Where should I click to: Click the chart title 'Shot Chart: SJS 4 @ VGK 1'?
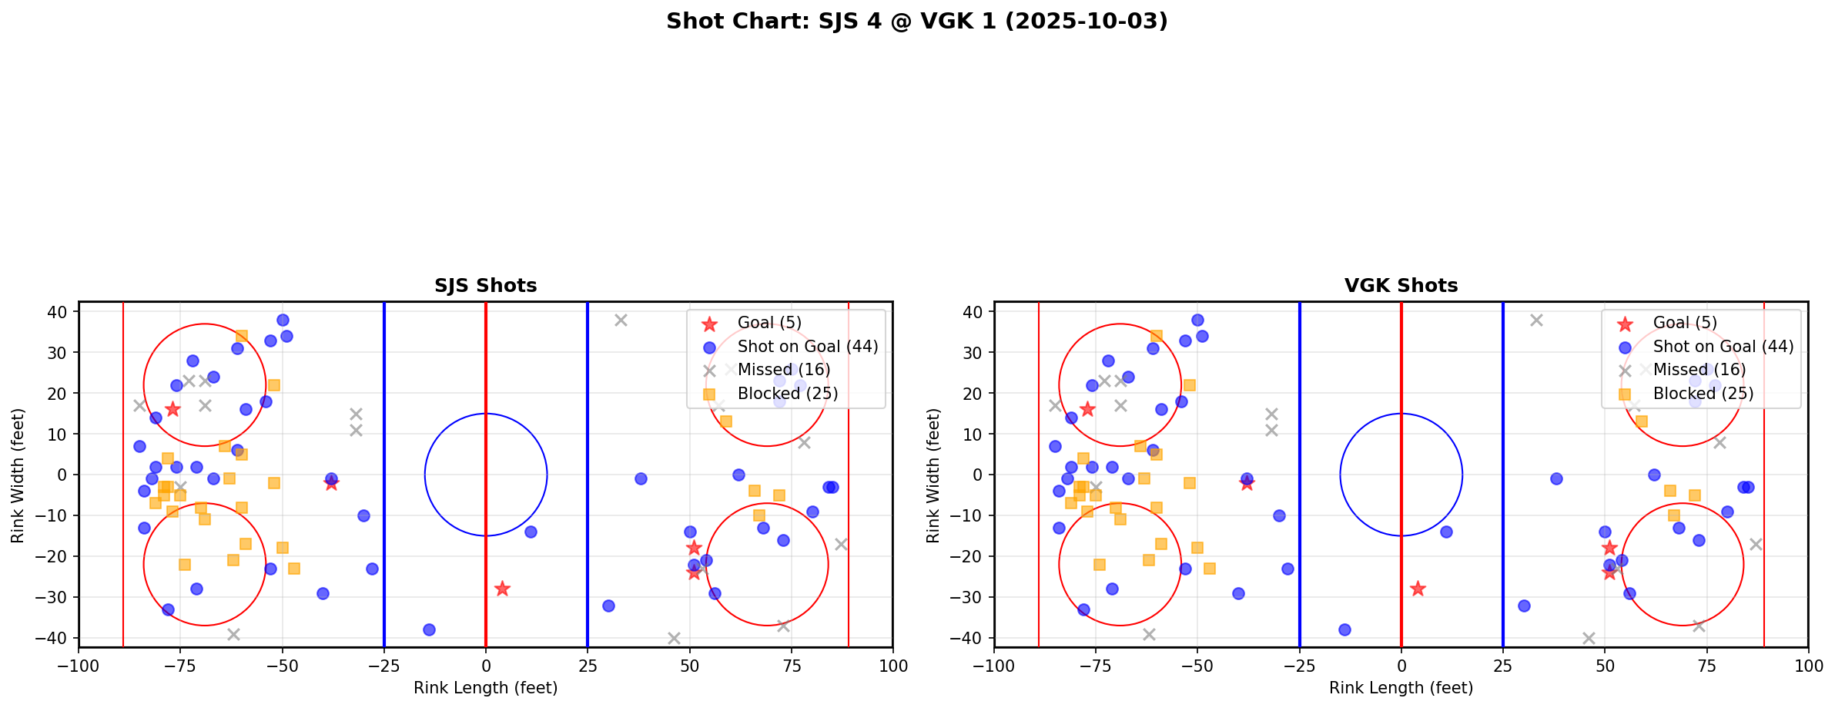(x=916, y=22)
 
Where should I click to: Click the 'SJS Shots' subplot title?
(x=485, y=286)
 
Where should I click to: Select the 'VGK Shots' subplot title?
(x=1401, y=286)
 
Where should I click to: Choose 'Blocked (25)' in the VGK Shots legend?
(x=1703, y=394)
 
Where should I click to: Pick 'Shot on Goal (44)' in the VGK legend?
(x=1723, y=347)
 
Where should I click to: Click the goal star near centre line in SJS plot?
(x=502, y=589)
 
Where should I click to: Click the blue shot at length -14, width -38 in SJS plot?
(x=429, y=629)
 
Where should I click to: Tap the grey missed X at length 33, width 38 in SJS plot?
(x=621, y=320)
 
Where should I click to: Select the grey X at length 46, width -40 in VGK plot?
(x=1589, y=638)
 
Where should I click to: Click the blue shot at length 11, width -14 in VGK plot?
(x=1446, y=532)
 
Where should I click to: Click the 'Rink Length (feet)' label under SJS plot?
(x=485, y=688)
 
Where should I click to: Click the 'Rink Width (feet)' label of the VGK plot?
(x=933, y=475)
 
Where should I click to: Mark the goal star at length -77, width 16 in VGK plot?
(x=1087, y=409)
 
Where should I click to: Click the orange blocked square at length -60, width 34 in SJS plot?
(x=241, y=336)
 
